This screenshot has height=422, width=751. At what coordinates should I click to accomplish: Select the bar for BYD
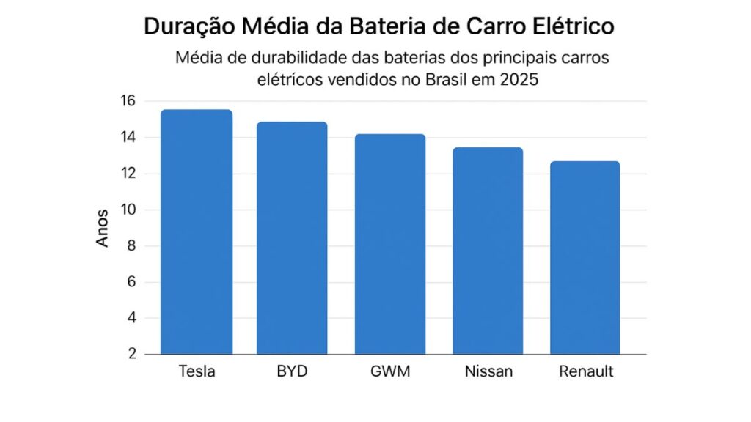pyautogui.click(x=292, y=239)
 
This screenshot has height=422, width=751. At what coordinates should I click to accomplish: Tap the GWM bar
pyautogui.click(x=390, y=245)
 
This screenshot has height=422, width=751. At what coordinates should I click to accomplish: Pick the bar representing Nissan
pyautogui.click(x=488, y=251)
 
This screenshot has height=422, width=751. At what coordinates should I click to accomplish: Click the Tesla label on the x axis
pyautogui.click(x=197, y=371)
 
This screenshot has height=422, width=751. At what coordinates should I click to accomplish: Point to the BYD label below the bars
pyautogui.click(x=292, y=371)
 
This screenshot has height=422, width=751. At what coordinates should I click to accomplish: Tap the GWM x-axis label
pyautogui.click(x=390, y=371)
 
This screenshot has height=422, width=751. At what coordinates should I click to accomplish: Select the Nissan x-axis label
pyautogui.click(x=488, y=371)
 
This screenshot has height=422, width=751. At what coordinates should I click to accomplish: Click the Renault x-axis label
pyautogui.click(x=586, y=371)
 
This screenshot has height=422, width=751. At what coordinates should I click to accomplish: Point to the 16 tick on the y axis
pyautogui.click(x=128, y=101)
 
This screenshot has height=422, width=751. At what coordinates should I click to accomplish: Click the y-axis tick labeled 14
pyautogui.click(x=128, y=138)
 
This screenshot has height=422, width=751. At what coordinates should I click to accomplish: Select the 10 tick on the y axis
pyautogui.click(x=128, y=210)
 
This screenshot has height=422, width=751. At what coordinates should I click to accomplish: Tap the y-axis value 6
pyautogui.click(x=132, y=282)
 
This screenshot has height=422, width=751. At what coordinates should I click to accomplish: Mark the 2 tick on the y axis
pyautogui.click(x=132, y=354)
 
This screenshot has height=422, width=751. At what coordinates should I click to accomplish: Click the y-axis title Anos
pyautogui.click(x=103, y=228)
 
